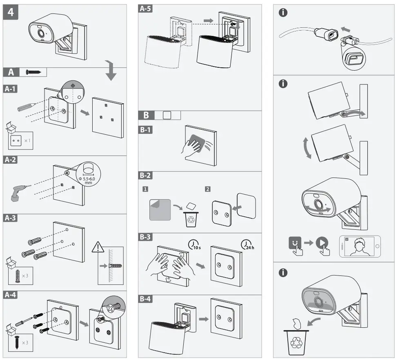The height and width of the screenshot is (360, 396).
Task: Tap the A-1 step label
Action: [12, 89]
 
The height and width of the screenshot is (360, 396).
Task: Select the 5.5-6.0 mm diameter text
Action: [88, 180]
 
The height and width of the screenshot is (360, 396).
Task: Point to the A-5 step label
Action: [145, 8]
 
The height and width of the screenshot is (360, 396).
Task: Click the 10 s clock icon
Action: [194, 244]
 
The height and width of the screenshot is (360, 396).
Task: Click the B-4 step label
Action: [146, 299]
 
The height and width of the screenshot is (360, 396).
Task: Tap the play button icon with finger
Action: [323, 244]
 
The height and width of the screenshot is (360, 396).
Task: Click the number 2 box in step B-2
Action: [208, 189]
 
